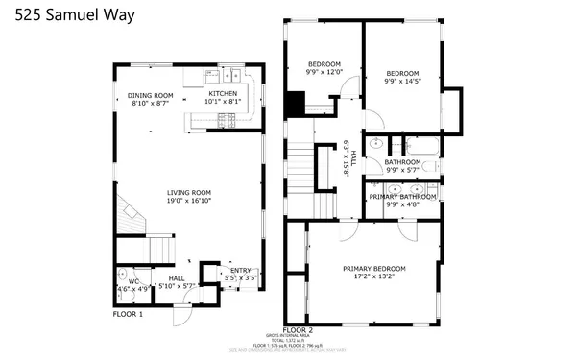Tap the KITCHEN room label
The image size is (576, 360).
click(x=222, y=93)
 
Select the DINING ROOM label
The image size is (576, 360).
click(x=150, y=95)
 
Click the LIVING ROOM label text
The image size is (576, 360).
click(x=187, y=193)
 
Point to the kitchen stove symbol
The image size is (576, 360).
click(x=228, y=119)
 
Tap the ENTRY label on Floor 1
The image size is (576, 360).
click(x=239, y=271)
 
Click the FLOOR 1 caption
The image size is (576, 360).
click(x=128, y=314)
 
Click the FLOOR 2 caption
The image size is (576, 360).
click(x=299, y=329)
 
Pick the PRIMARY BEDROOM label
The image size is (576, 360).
click(x=374, y=268)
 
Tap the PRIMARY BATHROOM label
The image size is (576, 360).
click(x=403, y=196)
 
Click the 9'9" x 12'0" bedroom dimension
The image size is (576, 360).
click(x=324, y=72)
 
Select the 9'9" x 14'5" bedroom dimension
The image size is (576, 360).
click(x=402, y=82)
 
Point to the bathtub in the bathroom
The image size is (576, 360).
click(x=421, y=147)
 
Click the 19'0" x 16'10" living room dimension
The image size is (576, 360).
click(x=187, y=202)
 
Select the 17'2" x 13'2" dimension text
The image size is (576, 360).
click(x=374, y=277)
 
